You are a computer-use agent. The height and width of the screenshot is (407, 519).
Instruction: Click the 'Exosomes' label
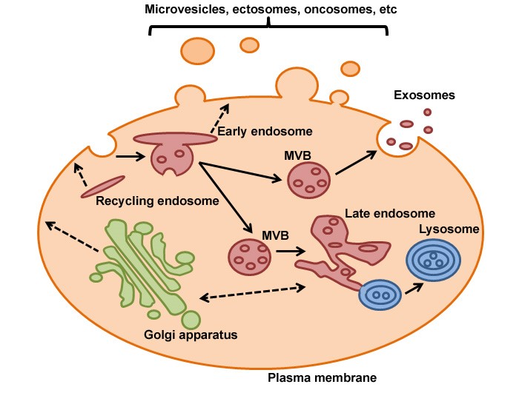424,95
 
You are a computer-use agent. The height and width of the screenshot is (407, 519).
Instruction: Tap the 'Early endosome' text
265,132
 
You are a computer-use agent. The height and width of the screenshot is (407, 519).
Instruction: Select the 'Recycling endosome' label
157,201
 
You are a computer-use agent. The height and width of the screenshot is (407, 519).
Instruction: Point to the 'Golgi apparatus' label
191,334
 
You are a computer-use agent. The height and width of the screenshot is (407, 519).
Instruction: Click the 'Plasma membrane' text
322,378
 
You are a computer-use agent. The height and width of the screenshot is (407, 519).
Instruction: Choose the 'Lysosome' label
449,229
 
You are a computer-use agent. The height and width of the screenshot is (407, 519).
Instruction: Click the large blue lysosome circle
433,261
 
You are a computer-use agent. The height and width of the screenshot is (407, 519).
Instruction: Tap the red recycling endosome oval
103,187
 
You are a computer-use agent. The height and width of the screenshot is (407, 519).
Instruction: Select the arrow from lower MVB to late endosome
291,252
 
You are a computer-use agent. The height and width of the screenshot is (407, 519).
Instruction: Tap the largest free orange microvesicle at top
196,50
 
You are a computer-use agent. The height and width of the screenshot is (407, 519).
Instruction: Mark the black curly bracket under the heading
268,28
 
